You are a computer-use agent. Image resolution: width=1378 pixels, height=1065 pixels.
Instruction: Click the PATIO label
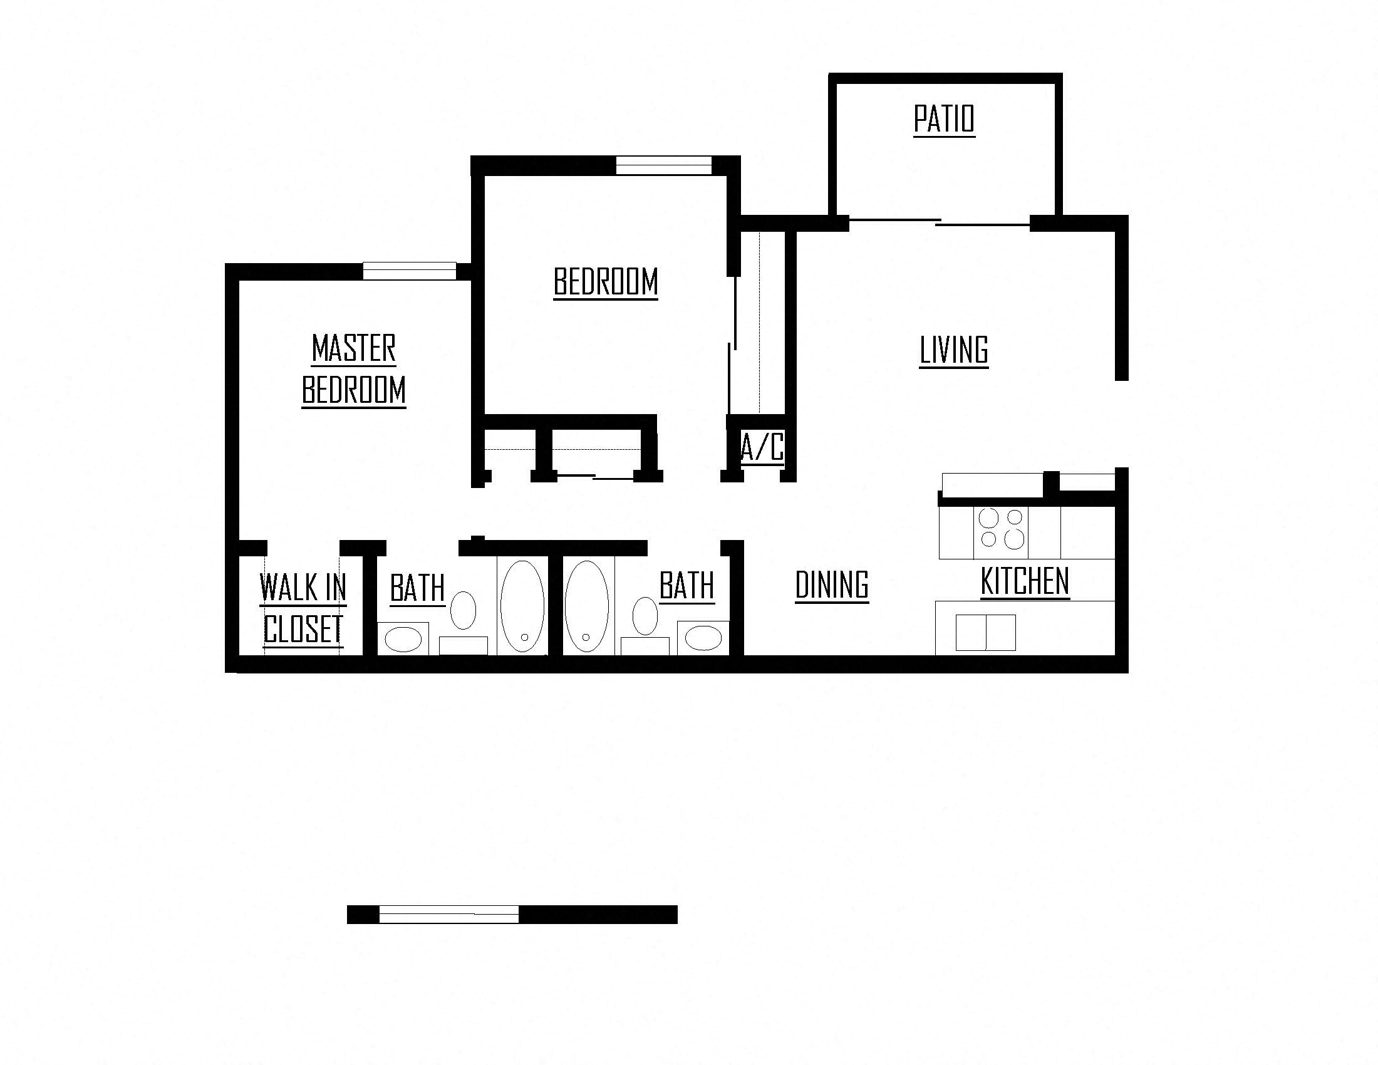[x=944, y=119]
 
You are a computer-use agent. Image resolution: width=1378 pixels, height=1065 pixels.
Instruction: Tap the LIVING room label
[x=953, y=351]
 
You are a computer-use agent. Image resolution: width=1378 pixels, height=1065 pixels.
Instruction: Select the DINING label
[x=832, y=585]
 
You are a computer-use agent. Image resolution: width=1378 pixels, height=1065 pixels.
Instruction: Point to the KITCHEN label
[x=1025, y=581]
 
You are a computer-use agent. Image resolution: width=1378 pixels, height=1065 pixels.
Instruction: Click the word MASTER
[x=354, y=348]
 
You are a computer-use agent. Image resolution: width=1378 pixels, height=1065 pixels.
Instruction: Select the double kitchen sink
[x=985, y=632]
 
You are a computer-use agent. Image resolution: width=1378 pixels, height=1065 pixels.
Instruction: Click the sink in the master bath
[x=403, y=639]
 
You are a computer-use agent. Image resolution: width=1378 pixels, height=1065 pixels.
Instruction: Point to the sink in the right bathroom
[x=703, y=638]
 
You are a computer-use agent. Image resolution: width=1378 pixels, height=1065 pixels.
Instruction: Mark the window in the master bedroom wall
[x=409, y=271]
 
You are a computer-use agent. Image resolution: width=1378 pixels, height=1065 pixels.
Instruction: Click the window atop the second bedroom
[x=663, y=165]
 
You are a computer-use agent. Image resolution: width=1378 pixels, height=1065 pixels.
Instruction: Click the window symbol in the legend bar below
[x=448, y=914]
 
